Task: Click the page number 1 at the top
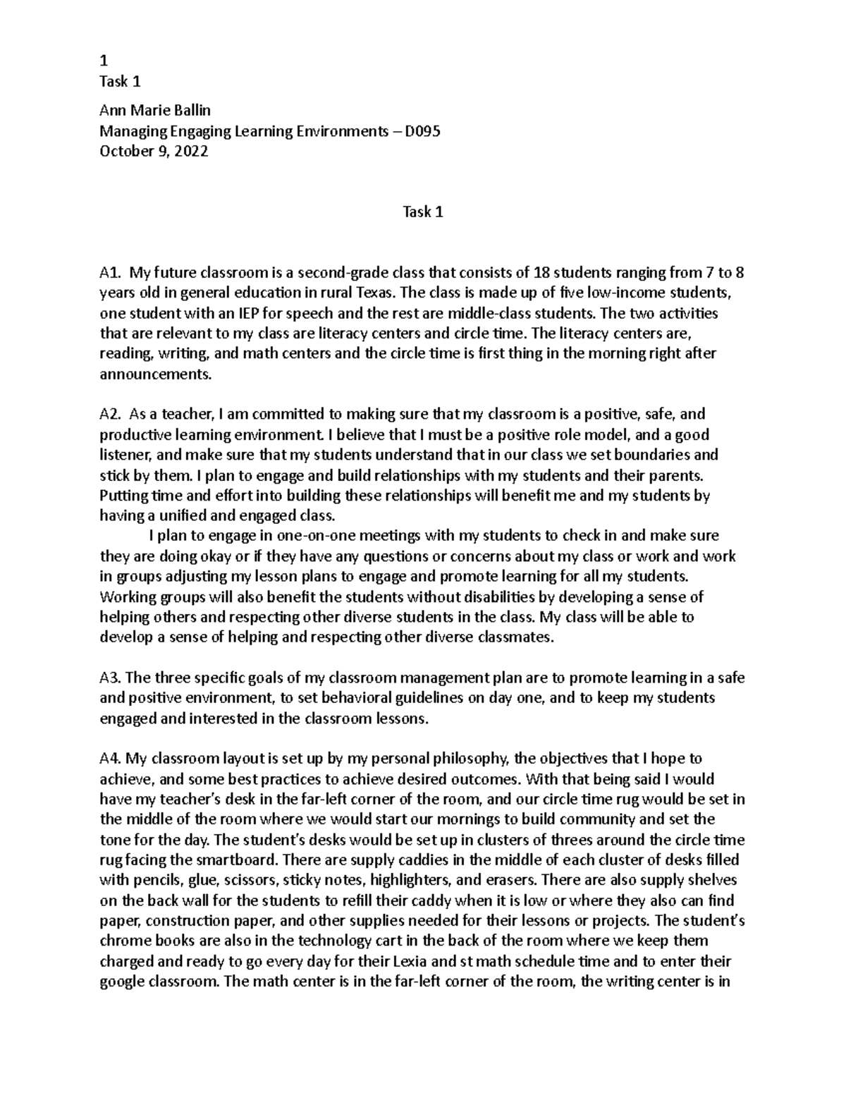click(104, 61)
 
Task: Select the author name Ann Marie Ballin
click(155, 111)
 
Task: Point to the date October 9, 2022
click(154, 152)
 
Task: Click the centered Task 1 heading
click(422, 212)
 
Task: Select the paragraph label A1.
click(111, 273)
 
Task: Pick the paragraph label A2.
click(111, 414)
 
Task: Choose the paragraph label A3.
click(111, 678)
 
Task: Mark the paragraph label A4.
click(111, 759)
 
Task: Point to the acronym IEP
click(211, 313)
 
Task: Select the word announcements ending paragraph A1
click(155, 374)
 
